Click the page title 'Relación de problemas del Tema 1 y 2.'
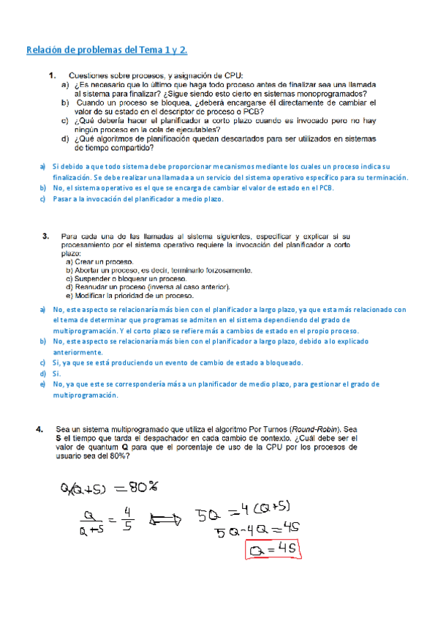pos(107,50)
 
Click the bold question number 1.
pos(53,75)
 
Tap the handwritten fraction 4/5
pos(128,518)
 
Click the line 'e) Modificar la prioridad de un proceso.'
pos(129,296)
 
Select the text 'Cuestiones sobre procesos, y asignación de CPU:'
pos(156,75)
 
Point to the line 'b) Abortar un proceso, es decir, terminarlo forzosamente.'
pos(159,270)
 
